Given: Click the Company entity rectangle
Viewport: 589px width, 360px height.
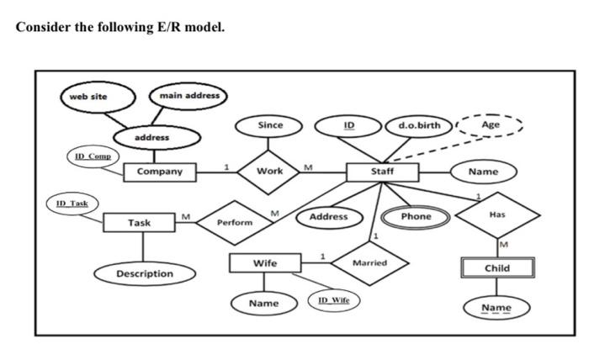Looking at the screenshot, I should [159, 172].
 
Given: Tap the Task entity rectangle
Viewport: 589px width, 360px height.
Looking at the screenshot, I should [140, 223].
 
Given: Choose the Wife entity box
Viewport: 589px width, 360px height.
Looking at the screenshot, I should [265, 263].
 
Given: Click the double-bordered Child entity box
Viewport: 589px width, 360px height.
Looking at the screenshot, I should [496, 268].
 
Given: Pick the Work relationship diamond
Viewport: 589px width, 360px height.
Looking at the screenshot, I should [270, 172].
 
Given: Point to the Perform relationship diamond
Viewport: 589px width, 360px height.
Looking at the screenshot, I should [235, 223].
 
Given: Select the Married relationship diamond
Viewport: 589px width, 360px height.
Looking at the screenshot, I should [369, 263].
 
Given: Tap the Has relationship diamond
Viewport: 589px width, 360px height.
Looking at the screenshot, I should [496, 215].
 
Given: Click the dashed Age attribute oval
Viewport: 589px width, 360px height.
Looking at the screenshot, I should [491, 125].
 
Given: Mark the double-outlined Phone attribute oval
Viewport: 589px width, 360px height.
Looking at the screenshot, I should [416, 216].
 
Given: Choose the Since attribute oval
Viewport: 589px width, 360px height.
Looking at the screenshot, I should [270, 125].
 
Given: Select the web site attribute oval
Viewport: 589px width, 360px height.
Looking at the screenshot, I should [89, 97].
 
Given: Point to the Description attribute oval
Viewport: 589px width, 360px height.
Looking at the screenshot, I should [145, 274].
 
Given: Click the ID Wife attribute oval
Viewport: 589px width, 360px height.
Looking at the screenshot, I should [334, 299].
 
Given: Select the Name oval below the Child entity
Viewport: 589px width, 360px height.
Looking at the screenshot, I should [496, 308].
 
